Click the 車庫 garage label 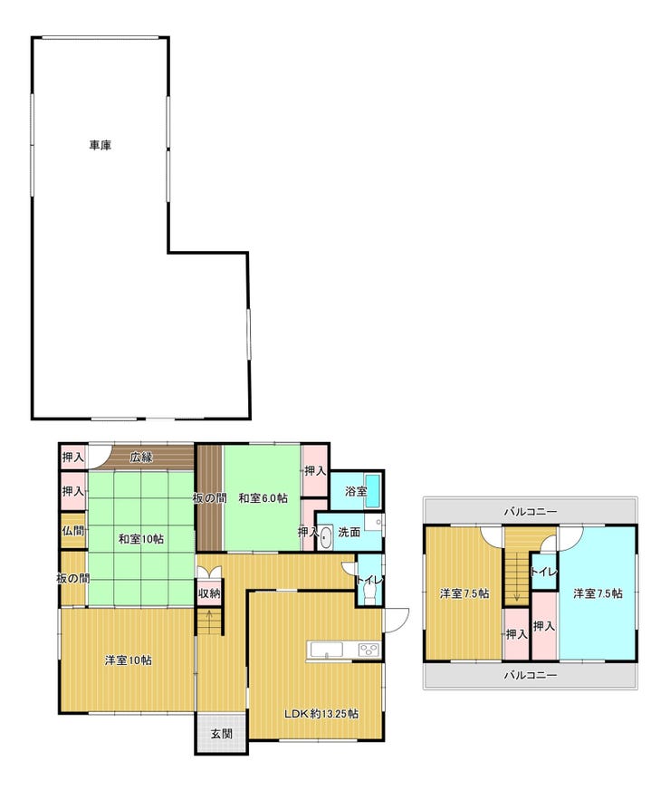click(100, 145)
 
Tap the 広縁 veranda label click(141, 458)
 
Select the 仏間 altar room click(73, 531)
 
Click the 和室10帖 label click(141, 539)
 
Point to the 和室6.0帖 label click(263, 498)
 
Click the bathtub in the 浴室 click(373, 490)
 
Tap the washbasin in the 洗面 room click(326, 537)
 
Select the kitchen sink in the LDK click(327, 650)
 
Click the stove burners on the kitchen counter click(369, 650)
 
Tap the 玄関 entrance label click(222, 734)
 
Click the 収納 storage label click(209, 593)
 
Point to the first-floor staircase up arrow click(209, 621)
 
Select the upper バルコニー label click(531, 512)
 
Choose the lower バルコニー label click(531, 675)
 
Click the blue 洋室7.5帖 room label click(598, 593)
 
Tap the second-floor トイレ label click(543, 572)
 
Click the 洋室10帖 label click(128, 660)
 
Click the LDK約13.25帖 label click(321, 714)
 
